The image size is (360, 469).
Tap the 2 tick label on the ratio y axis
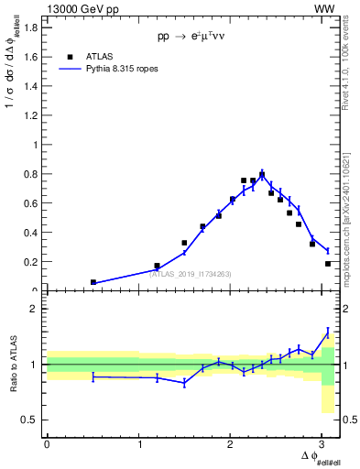pos(34,309)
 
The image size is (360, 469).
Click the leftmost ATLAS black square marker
pos(93,282)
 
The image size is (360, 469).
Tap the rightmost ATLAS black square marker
pos(328,264)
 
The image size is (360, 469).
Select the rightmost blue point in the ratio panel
pos(328,332)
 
